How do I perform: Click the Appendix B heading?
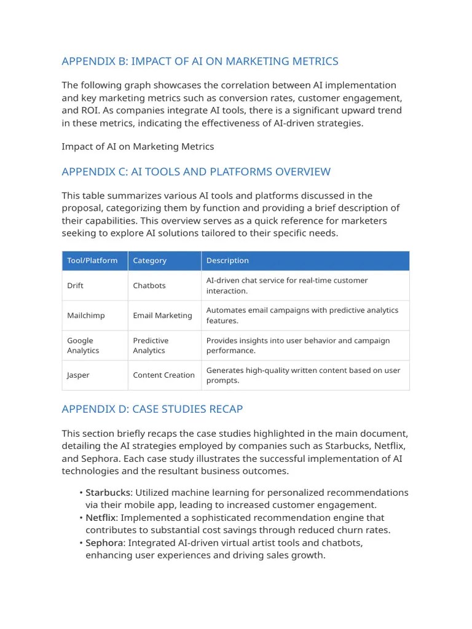click(200, 61)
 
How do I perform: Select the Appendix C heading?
click(196, 172)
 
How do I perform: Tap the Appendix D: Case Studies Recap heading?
click(152, 409)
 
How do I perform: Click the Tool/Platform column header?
click(92, 260)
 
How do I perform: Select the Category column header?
click(149, 260)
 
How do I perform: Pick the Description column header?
click(227, 260)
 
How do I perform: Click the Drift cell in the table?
click(76, 286)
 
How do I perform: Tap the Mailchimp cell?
click(85, 316)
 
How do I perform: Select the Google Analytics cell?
click(83, 345)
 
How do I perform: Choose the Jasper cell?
click(78, 375)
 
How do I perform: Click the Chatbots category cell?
click(149, 286)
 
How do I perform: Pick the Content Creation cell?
click(163, 375)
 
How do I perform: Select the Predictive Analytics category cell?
click(151, 345)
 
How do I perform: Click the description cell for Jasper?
click(303, 375)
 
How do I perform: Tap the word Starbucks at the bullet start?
click(108, 493)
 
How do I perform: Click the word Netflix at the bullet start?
click(101, 518)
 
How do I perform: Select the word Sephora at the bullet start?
click(104, 543)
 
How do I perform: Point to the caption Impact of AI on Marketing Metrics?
click(138, 146)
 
